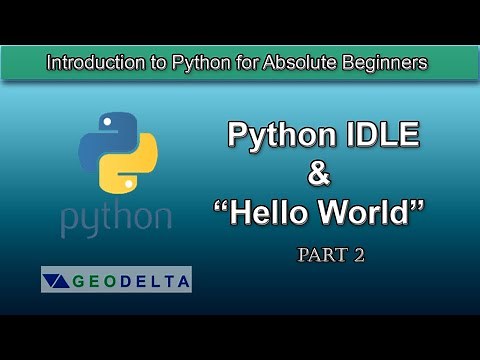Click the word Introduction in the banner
[x=91, y=63]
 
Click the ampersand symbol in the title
[x=318, y=173]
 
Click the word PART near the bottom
[x=319, y=255]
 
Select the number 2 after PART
[x=358, y=255]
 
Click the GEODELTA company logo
[x=116, y=279]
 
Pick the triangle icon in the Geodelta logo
[x=57, y=280]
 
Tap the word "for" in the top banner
[x=250, y=63]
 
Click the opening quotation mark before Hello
[x=221, y=205]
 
